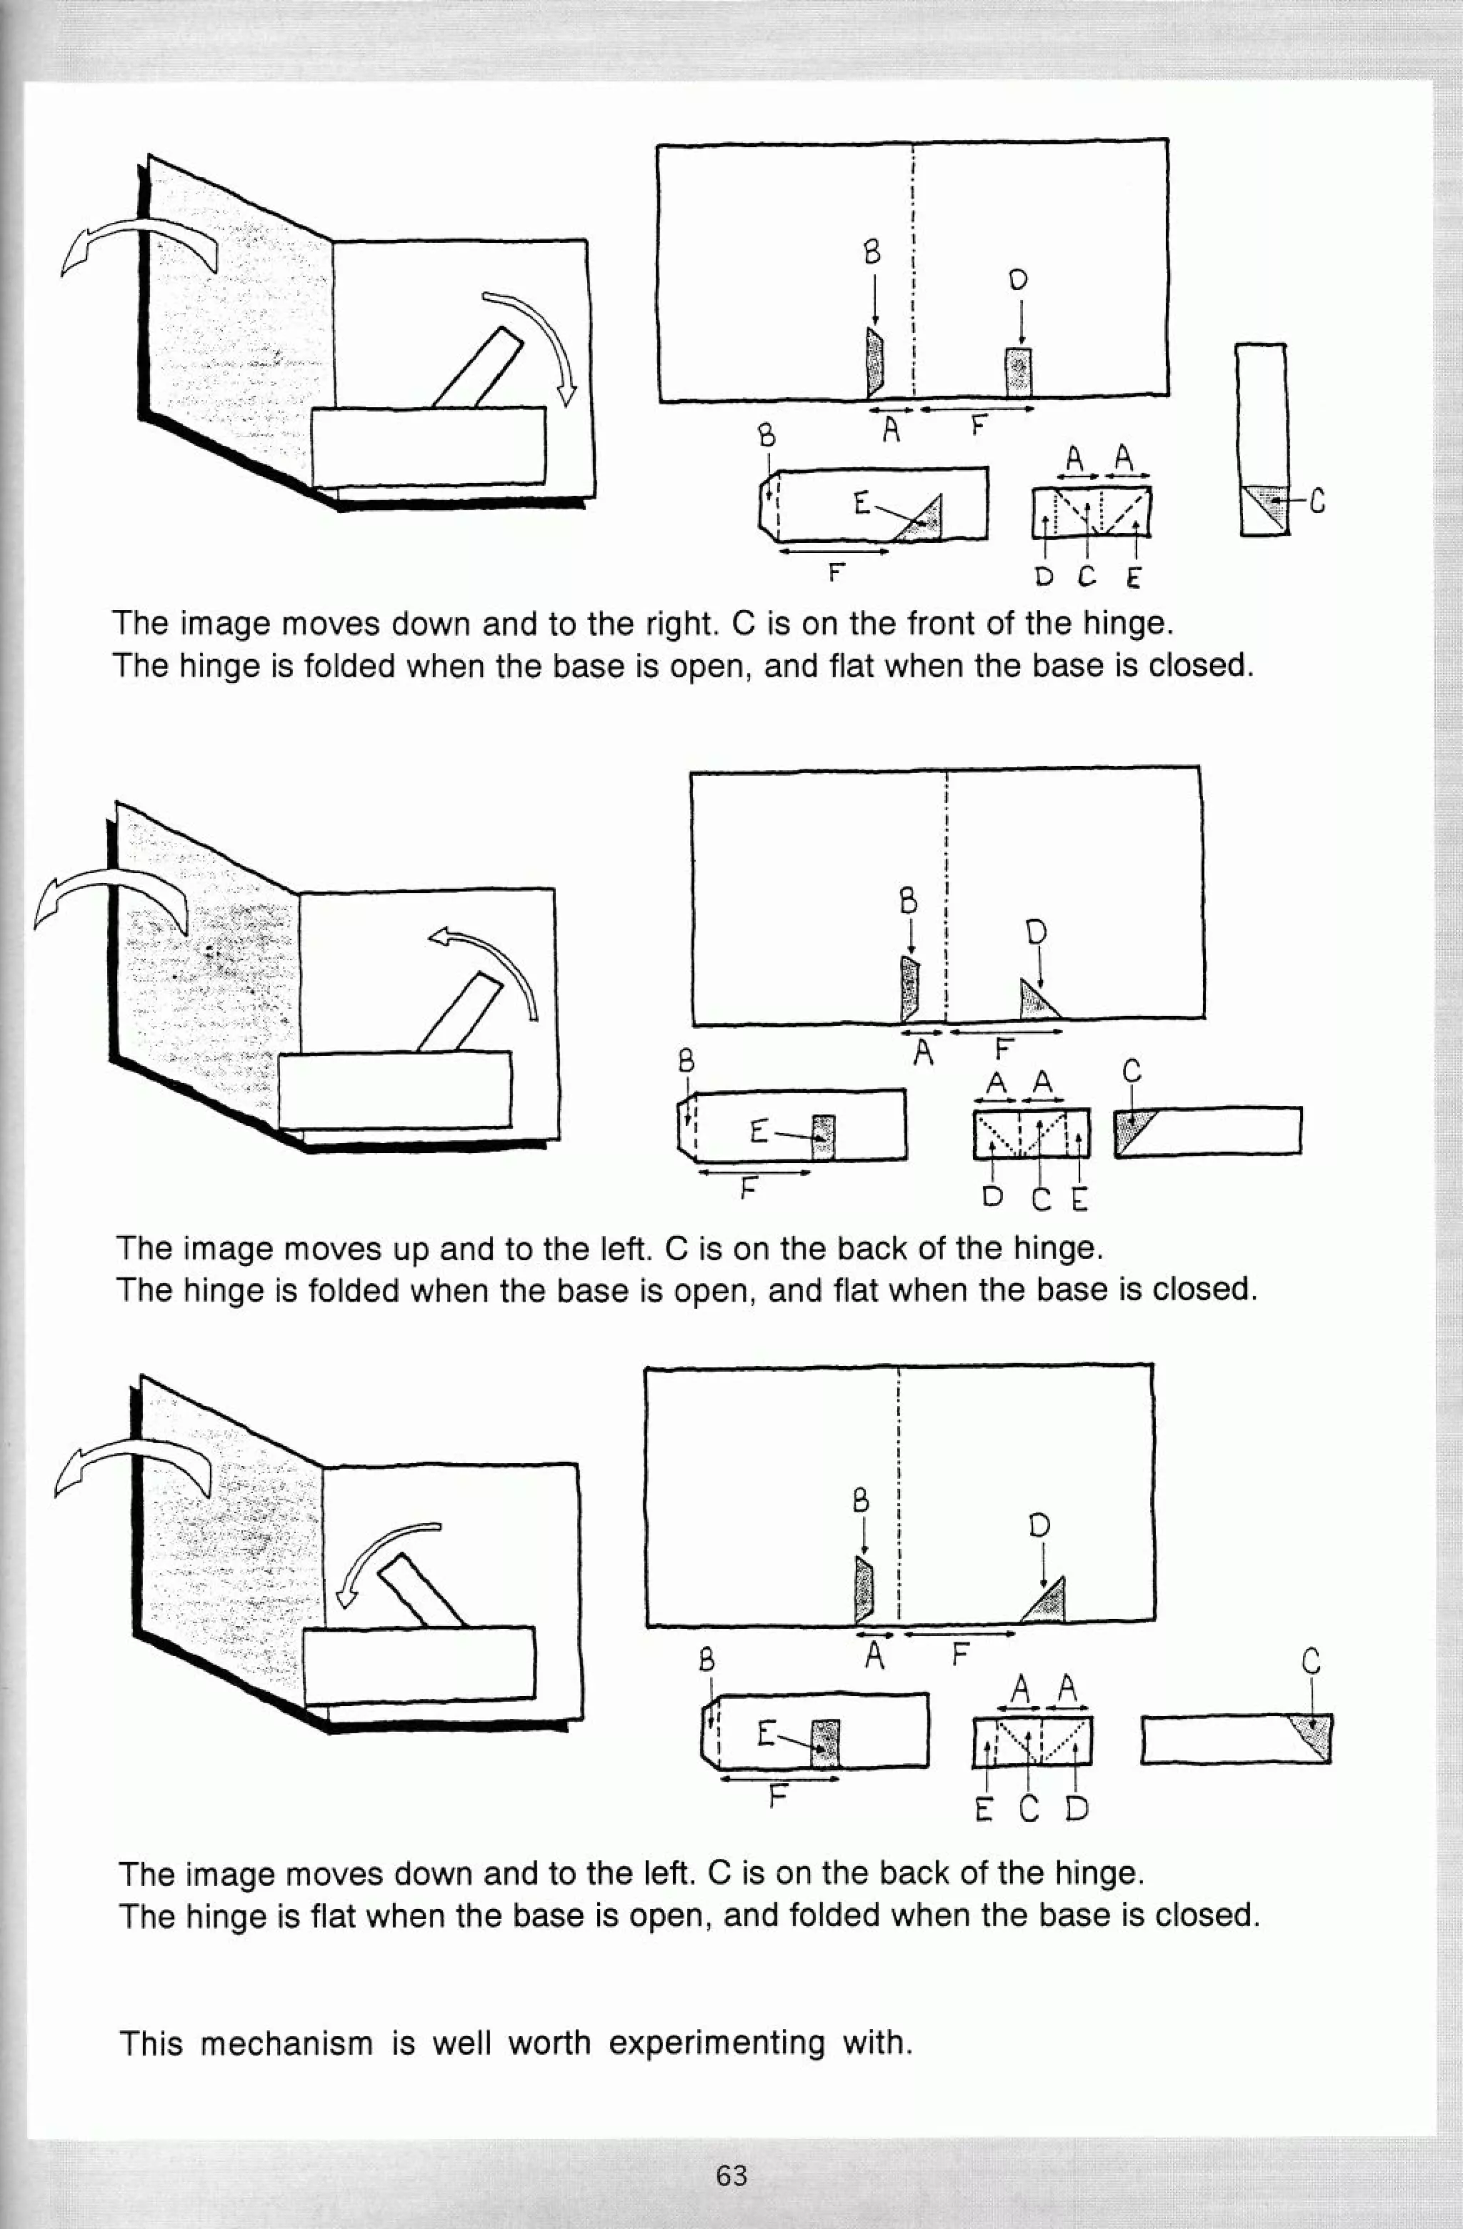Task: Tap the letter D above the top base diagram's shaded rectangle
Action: pos(1019,279)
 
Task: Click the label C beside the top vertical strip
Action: pos(1316,503)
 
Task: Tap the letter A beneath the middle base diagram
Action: pos(924,1054)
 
